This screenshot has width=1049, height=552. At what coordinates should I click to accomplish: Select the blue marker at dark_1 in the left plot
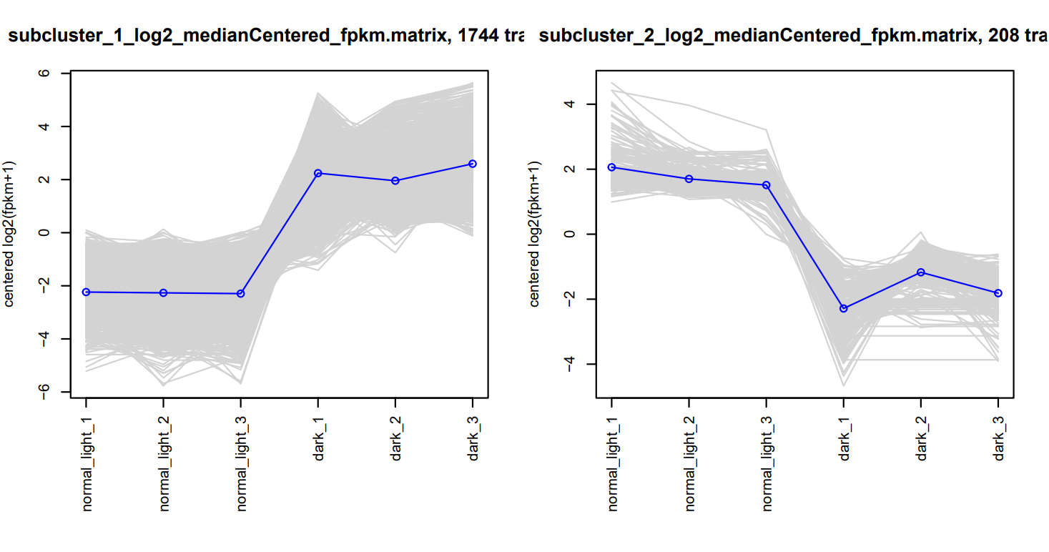click(x=317, y=173)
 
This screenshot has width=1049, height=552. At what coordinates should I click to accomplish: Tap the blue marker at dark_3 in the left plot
click(x=472, y=164)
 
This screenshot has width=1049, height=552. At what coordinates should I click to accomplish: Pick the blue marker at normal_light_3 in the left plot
click(x=241, y=294)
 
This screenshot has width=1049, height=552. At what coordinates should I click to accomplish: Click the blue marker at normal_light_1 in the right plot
click(x=611, y=167)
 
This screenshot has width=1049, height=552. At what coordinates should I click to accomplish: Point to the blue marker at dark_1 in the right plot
click(x=844, y=308)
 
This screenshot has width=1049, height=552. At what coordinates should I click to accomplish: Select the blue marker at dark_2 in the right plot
click(x=921, y=272)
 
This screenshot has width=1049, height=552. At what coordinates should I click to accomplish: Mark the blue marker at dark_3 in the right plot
click(x=998, y=293)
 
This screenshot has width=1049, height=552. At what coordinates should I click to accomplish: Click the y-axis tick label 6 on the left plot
click(x=44, y=74)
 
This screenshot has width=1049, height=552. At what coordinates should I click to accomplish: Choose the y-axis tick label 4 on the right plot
click(x=570, y=104)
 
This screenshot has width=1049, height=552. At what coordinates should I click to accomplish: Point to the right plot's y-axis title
click(x=535, y=233)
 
